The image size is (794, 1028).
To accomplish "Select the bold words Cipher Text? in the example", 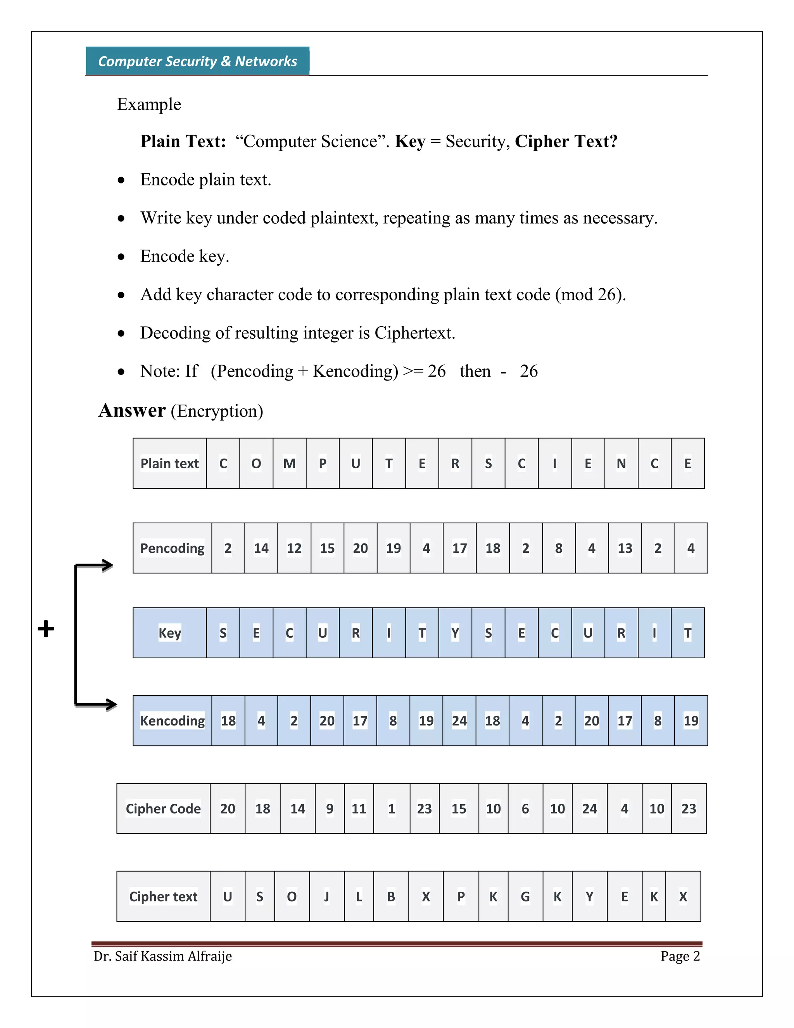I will click(566, 141).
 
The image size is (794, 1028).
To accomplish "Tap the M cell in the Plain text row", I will click(289, 464).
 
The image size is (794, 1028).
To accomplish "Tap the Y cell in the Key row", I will click(455, 633).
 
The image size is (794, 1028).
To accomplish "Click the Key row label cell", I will click(169, 633).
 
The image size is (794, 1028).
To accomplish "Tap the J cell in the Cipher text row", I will click(326, 896).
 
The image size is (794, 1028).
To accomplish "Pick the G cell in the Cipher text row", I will click(525, 896).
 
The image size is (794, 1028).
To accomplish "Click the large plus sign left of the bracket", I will click(46, 629).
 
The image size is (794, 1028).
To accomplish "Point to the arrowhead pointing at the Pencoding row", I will click(108, 565).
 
